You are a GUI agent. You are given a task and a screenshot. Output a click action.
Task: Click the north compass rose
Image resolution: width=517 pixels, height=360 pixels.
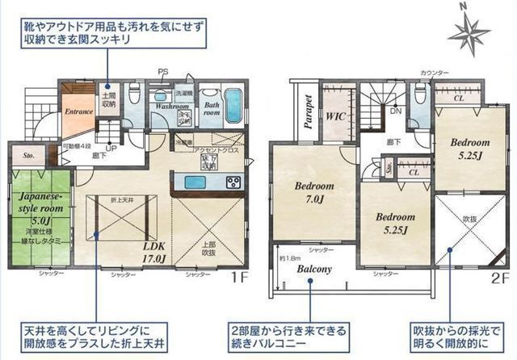[468, 32]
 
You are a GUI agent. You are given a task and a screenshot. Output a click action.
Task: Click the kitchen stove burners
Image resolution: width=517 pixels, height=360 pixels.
[233, 181]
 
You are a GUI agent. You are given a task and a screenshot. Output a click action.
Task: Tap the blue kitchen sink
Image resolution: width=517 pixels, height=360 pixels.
[197, 182]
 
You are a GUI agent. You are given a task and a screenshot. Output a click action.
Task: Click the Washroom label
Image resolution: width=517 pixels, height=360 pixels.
[172, 106]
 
